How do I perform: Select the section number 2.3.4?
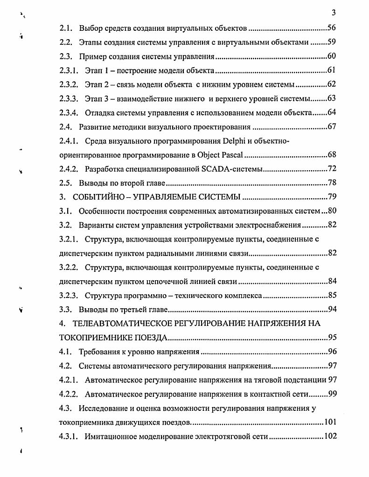pos(70,112)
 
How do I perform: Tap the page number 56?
pos(332,28)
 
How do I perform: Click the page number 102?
pos(330,436)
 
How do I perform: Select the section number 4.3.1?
pos(70,436)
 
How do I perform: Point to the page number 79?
pos(332,197)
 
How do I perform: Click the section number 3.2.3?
pos(70,296)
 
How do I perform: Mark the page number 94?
pos(332,310)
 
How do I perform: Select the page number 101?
pos(330,422)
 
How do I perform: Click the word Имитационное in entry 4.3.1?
pos(109,436)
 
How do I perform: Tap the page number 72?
pos(332,169)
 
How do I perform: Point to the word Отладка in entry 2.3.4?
pos(99,112)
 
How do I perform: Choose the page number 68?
pos(332,155)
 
